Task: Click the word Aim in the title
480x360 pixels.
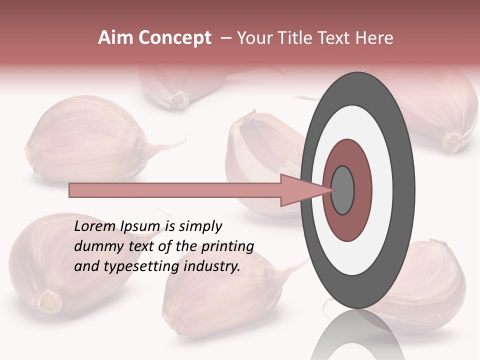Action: pyautogui.click(x=115, y=38)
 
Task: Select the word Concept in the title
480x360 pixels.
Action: pyautogui.click(x=173, y=38)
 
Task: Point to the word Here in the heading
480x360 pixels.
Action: pyautogui.click(x=374, y=38)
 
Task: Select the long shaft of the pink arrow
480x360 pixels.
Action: pyautogui.click(x=175, y=190)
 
